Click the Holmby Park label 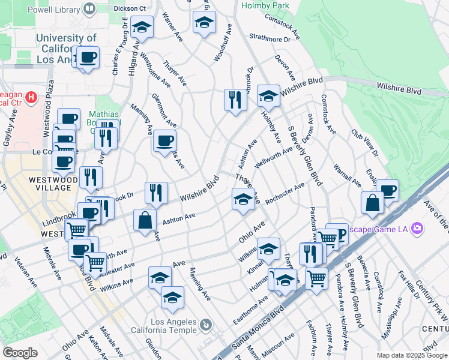(x=265, y=5)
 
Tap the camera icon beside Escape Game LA (x=417, y=229)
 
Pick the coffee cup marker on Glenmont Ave (x=164, y=142)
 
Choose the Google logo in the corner (x=20, y=352)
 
